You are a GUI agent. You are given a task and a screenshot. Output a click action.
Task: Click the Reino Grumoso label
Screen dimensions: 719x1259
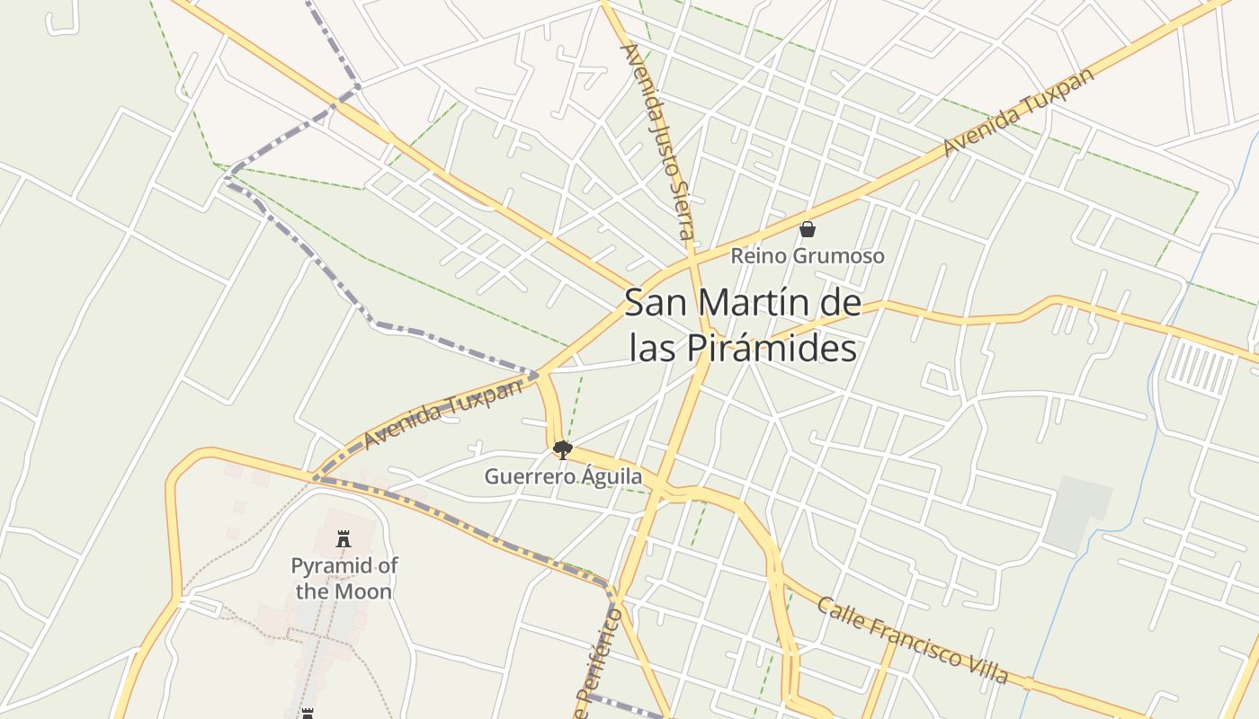coord(807,256)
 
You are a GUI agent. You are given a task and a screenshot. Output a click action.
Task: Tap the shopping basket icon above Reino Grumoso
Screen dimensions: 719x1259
coord(808,229)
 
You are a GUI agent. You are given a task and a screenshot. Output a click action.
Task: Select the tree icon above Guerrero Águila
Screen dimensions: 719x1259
coord(563,449)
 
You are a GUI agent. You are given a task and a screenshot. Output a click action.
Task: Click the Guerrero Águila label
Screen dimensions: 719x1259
coord(564,476)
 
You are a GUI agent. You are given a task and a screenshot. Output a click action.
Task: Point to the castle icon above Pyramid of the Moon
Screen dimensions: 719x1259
coord(343,539)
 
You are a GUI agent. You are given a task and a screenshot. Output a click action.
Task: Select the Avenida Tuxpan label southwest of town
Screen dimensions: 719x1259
coord(442,413)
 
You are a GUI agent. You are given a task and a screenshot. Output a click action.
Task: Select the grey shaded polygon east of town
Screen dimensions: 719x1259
coord(1078,513)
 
